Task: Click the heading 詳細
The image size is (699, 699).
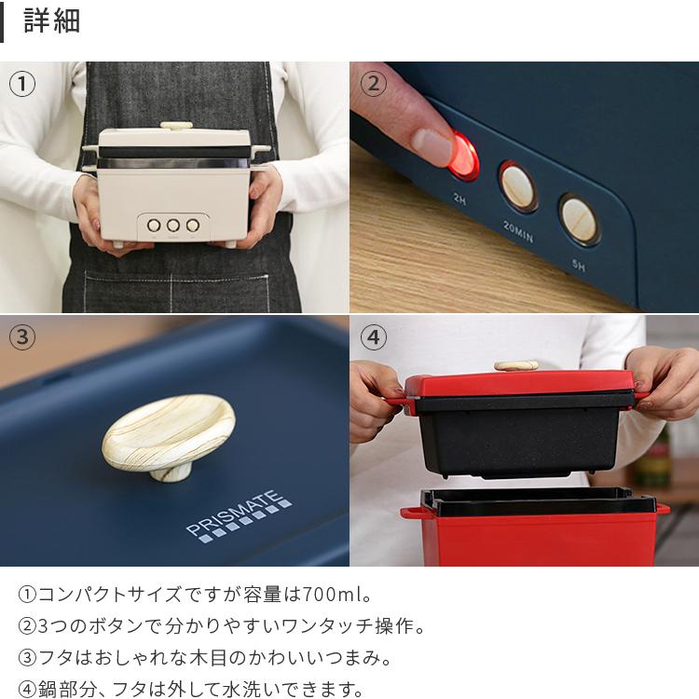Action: (51, 21)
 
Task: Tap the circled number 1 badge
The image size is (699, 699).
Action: (22, 84)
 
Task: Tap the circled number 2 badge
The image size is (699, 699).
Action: (373, 84)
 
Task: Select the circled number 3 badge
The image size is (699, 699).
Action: (22, 337)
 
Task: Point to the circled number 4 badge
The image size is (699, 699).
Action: (373, 337)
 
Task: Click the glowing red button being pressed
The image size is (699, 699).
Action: (462, 157)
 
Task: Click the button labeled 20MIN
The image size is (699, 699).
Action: (517, 186)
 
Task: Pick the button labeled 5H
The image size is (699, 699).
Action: (579, 219)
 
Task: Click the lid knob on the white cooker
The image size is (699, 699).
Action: (176, 125)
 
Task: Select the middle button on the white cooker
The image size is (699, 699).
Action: (173, 225)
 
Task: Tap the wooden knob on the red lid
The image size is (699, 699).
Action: (516, 365)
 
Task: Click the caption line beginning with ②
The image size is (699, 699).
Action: (212, 625)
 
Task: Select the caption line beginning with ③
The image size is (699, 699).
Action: (205, 657)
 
